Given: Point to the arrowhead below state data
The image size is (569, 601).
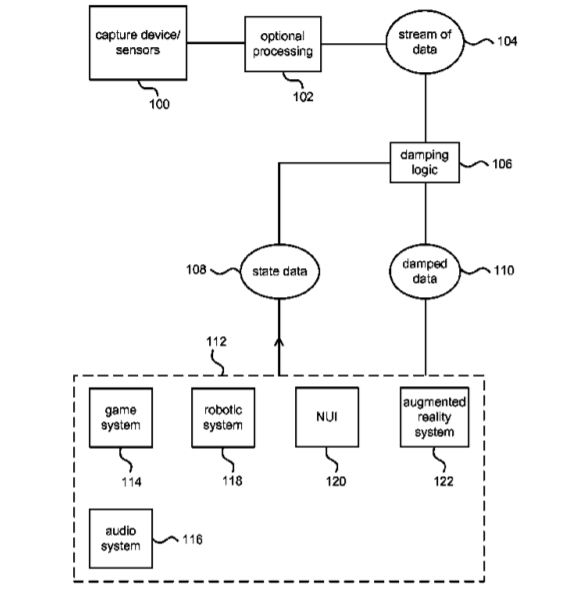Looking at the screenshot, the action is coord(279,341).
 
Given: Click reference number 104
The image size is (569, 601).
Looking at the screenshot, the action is coord(507,41).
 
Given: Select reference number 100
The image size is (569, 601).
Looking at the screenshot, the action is coord(159,104).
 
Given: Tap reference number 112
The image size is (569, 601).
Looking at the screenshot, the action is coord(216,342).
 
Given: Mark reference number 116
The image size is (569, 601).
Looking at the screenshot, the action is coord(192,540).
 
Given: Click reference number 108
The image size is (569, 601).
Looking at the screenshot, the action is coord(196,270).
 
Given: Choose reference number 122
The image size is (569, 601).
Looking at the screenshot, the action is coord(444,481).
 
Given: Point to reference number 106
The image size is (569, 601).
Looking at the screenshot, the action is coord(502,164).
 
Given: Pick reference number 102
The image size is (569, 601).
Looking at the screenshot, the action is coord(303,97).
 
